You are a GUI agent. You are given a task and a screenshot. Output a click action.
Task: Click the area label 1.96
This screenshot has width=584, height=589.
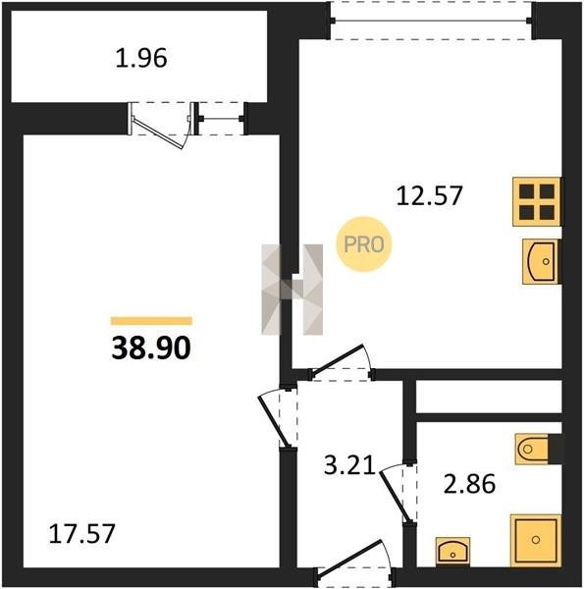pos(141,59)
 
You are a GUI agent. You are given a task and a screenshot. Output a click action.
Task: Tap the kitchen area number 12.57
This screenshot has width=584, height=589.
pos(429,195)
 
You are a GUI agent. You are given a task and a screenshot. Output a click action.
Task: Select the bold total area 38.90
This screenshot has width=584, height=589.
pos(151,348)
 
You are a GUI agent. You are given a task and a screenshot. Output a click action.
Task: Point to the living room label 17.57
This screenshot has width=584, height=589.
pos(81,534)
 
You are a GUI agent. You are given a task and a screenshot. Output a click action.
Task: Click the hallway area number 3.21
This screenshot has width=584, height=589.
pos(349,465)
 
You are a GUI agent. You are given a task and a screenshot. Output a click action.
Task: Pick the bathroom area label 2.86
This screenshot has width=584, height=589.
pos(469,484)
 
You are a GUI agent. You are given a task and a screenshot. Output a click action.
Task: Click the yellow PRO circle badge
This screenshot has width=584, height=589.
pos(364,244)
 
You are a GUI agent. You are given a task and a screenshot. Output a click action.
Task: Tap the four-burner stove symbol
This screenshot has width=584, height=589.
pos(537,201)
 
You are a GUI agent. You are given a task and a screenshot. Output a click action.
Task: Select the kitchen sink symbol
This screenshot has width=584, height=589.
pos(541,261)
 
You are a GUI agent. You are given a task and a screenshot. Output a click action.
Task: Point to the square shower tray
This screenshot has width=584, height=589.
pos(536,540)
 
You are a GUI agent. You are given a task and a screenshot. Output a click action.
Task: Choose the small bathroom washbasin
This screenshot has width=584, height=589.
pos(452,552)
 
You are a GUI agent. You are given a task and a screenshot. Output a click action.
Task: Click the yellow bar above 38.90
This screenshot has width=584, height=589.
pos(151,321)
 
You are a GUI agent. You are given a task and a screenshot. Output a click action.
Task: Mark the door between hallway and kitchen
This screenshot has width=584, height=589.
pos(341,362)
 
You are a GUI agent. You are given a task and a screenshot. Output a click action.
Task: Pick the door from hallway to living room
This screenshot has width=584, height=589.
pos(277,418)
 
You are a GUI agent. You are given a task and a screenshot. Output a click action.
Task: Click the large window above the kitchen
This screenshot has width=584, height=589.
pos(431,21)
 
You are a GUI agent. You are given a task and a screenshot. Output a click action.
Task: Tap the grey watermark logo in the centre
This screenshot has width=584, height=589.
pos(292,290)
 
